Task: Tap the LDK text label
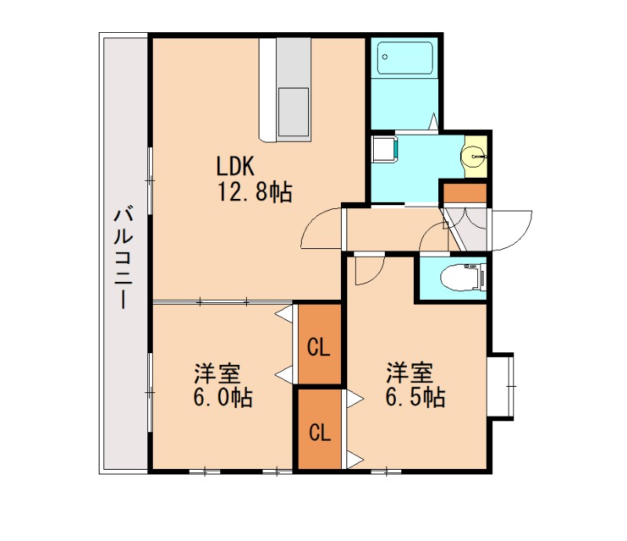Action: pos(236,166)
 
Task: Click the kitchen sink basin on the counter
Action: pos(294,110)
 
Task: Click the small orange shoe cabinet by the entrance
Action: pos(464,193)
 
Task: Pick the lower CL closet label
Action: pos(317,432)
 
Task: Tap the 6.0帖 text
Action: pos(223,397)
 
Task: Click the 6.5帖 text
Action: pos(415,397)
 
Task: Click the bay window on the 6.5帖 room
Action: pos(502,387)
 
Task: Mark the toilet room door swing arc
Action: pos(433,237)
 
